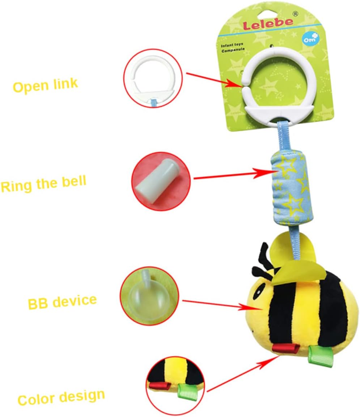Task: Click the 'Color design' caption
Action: [61, 397]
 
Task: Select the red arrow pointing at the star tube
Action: [232, 175]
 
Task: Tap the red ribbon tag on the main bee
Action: [286, 348]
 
